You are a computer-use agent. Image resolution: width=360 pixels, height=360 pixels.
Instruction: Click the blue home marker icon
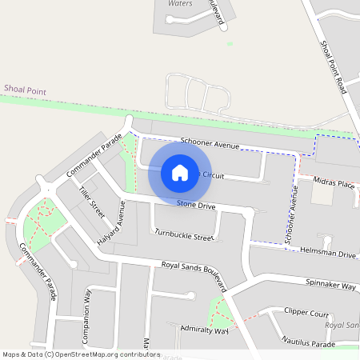(x=180, y=172)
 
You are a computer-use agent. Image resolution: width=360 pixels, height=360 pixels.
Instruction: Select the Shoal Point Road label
(x=332, y=67)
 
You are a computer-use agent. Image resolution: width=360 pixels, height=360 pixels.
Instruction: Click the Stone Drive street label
(x=196, y=206)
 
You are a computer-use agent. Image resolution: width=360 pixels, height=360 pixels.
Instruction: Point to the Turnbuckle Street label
(x=185, y=235)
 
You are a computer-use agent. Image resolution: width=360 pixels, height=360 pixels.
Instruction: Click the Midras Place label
(x=334, y=183)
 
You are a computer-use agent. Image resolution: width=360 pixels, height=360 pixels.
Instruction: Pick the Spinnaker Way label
(x=330, y=283)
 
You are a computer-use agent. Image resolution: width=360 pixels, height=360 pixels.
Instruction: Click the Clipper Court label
(x=306, y=313)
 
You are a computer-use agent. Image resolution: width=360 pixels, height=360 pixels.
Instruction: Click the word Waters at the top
(x=181, y=4)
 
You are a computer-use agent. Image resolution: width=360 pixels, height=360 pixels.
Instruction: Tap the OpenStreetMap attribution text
(x=81, y=354)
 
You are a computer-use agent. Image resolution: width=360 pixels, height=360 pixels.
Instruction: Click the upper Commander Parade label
(x=95, y=156)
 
